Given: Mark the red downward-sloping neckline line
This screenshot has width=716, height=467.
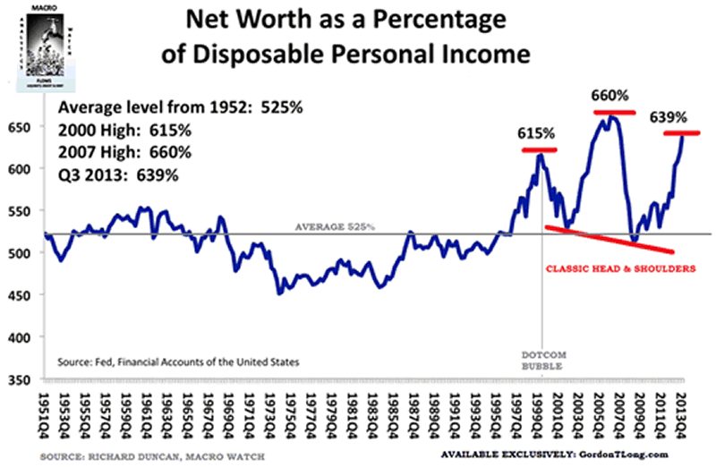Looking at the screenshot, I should point(609,240).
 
